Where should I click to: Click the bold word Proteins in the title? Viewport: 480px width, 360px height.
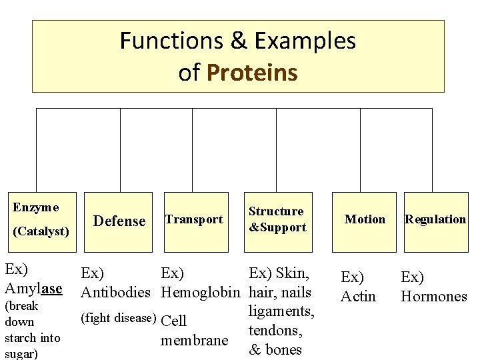[x=253, y=72]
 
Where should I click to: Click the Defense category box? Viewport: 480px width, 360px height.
[x=119, y=221]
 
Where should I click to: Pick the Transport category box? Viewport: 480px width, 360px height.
[x=193, y=219]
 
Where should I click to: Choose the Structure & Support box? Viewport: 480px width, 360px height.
[x=277, y=219]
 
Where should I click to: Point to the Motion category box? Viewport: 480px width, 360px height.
[x=365, y=219]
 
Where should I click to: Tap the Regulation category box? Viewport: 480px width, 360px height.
[x=435, y=219]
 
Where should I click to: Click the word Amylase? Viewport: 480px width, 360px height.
[x=33, y=289]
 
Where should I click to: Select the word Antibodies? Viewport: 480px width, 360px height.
[x=115, y=292]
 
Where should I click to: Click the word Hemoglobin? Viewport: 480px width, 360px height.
[x=201, y=292]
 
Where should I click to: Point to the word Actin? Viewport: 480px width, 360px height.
[x=358, y=296]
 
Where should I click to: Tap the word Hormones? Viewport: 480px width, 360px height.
[x=433, y=296]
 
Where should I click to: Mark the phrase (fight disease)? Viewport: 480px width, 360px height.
[x=118, y=317]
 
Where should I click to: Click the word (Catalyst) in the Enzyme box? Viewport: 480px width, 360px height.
[x=41, y=231]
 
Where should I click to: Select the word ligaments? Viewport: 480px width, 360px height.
[x=281, y=311]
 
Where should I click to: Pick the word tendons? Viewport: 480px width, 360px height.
[x=276, y=330]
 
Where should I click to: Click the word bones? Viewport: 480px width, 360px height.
[x=284, y=349]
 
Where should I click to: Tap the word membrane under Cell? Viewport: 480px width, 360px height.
[x=194, y=341]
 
